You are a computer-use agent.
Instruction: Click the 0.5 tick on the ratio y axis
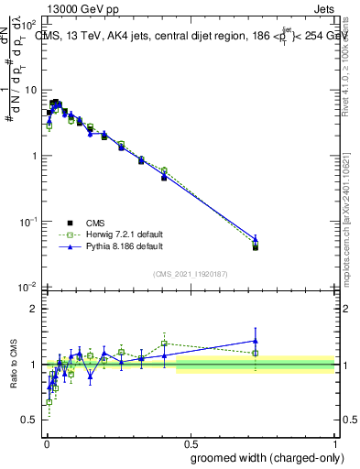(x=31, y=420)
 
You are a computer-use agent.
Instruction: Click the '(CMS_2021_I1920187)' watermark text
(x=190, y=273)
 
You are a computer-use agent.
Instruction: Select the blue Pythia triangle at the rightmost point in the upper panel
(x=256, y=239)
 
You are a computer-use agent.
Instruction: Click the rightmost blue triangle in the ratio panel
(x=256, y=341)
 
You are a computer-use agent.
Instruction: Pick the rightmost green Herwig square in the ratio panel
(x=256, y=353)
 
